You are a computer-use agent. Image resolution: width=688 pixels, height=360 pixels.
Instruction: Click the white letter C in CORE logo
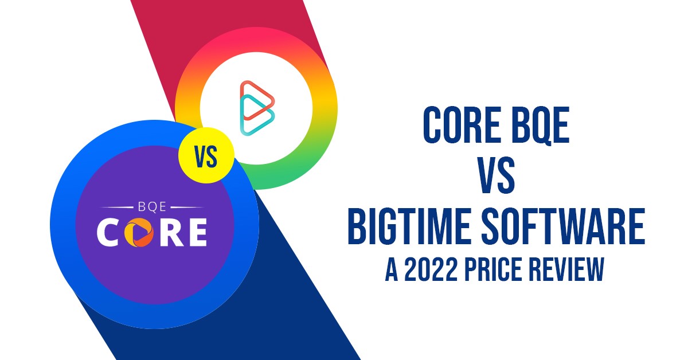tap(109, 232)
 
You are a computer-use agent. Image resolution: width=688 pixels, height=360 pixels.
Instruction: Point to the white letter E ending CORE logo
tap(195, 232)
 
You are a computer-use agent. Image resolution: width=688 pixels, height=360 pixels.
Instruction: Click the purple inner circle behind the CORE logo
tap(155, 269)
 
